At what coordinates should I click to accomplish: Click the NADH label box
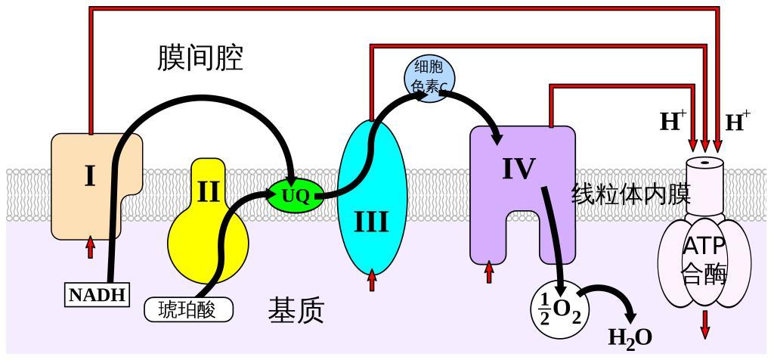point(96,294)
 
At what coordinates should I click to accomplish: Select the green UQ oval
point(296,196)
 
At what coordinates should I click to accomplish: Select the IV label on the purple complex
point(519,169)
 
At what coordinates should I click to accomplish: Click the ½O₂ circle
point(559,309)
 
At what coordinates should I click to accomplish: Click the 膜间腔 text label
point(200,58)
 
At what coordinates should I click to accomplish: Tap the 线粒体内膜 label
point(630,195)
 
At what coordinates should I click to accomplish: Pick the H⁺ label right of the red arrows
point(738,121)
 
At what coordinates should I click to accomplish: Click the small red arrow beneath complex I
point(91,247)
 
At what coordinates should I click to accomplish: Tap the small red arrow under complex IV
point(489,272)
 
